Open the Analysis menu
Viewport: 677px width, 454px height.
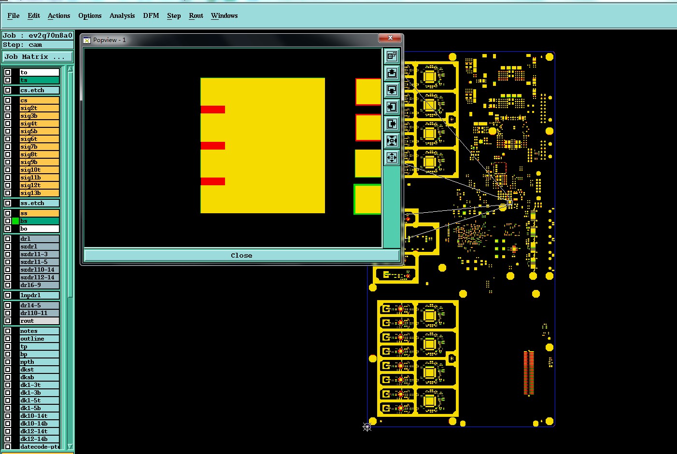[122, 15]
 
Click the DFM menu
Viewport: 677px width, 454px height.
[151, 15]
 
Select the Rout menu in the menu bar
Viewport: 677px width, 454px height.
[196, 15]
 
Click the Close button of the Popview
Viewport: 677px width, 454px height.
[241, 255]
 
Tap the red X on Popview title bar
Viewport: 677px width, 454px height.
[390, 38]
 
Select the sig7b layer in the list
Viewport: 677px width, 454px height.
[39, 147]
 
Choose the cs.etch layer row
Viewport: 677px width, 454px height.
[39, 90]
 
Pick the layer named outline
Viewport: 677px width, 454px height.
[39, 339]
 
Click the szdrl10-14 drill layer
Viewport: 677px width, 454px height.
[39, 270]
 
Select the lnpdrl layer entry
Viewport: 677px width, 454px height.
[39, 295]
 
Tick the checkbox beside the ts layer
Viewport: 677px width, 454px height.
[8, 80]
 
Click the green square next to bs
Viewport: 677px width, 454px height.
[15, 221]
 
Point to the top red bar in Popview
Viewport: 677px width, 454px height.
[213, 110]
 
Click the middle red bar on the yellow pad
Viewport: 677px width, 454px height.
[213, 146]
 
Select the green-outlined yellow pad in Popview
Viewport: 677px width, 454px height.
[368, 199]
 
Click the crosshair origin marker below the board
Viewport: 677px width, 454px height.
[367, 427]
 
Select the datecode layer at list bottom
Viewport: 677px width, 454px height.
[39, 447]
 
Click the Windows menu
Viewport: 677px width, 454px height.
[224, 15]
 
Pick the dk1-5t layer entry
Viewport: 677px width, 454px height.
[39, 400]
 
